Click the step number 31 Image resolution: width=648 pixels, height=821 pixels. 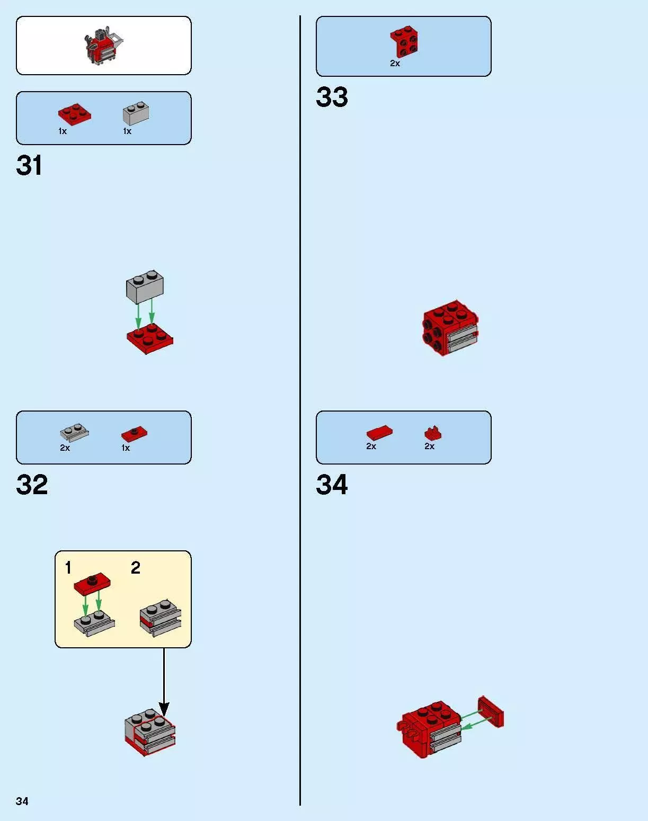point(29,165)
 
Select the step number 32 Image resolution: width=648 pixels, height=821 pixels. point(32,485)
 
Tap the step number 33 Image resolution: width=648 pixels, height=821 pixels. point(332,97)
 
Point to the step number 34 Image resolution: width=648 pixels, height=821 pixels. point(332,485)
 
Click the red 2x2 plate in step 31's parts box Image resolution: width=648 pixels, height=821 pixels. point(75,114)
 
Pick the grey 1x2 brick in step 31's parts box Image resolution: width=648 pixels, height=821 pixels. point(136,113)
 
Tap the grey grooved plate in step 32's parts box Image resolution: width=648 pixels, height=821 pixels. point(74,433)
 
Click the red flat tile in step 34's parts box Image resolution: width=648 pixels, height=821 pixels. point(379,433)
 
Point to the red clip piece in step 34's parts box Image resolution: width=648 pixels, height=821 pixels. point(433,433)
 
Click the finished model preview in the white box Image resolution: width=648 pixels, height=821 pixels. point(103,46)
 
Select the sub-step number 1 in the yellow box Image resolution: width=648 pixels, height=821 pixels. point(68,568)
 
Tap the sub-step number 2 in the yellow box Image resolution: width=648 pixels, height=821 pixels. point(136,568)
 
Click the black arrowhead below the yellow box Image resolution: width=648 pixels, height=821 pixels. point(164,710)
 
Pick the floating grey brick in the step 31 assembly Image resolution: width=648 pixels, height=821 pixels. point(145,287)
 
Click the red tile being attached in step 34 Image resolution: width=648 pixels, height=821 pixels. point(491,711)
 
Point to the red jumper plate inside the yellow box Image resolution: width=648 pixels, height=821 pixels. point(92,584)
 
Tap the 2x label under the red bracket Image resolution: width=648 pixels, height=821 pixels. point(395,64)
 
